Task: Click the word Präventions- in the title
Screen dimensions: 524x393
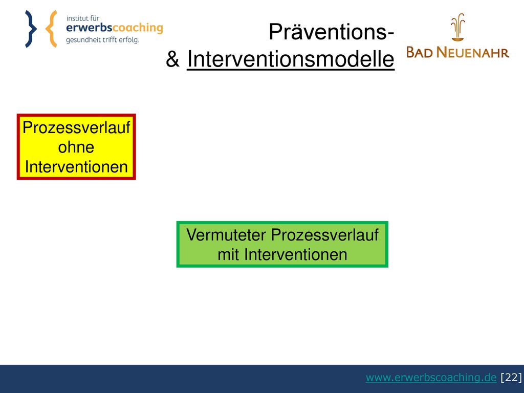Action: tap(332, 32)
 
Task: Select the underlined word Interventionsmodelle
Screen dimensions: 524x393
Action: tap(291, 59)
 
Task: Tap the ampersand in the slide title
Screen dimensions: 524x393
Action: tap(173, 59)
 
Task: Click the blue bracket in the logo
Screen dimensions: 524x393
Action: tap(31, 29)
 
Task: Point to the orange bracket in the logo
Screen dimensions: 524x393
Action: tap(51, 29)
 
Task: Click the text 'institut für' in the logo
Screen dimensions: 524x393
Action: tap(82, 18)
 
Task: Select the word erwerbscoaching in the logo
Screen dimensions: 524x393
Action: tap(115, 28)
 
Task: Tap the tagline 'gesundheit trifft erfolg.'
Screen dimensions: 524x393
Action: tap(102, 40)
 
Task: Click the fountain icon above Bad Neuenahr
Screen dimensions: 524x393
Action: tap(457, 27)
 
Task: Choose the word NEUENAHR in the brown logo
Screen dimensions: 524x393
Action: tap(473, 53)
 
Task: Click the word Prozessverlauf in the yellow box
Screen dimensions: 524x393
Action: tap(76, 127)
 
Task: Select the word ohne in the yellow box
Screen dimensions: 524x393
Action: tap(76, 147)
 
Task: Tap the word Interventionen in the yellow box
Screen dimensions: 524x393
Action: tap(76, 167)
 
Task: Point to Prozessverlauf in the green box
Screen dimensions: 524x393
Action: tap(325, 235)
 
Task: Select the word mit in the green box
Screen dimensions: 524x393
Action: tap(228, 255)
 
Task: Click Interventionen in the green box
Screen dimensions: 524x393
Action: tap(296, 255)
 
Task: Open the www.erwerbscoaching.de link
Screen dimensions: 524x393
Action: tap(431, 377)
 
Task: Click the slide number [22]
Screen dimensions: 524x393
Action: tap(511, 377)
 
